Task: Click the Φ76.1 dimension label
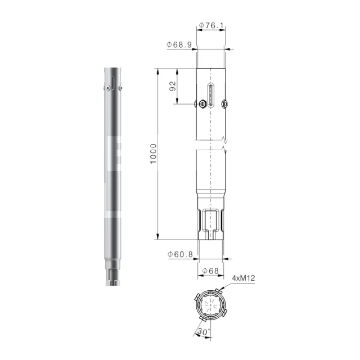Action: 211,25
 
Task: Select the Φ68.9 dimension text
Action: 179,44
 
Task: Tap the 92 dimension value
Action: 173,86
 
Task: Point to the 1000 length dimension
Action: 153,154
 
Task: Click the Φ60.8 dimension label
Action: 180,254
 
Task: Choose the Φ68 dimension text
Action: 210,271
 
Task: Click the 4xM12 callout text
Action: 244,278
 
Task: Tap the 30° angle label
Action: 204,331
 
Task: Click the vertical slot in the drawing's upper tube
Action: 211,95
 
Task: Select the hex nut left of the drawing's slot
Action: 202,104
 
